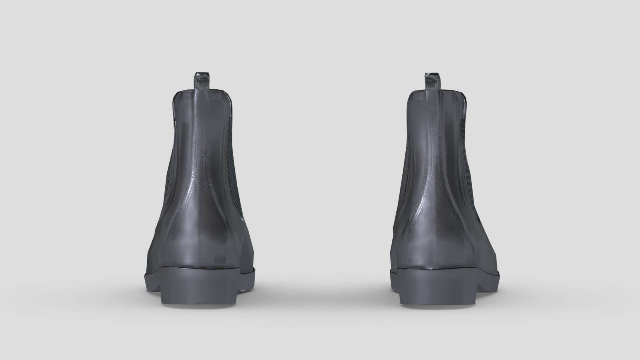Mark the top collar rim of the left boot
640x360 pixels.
tap(216, 94)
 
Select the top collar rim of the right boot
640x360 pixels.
tap(450, 94)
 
